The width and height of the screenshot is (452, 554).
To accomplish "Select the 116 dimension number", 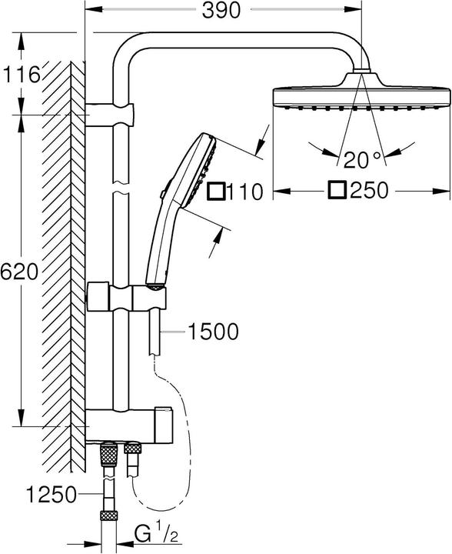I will point(21,75).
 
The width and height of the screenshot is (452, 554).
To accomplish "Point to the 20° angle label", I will point(361,159).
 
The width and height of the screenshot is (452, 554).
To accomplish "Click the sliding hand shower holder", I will point(127,296).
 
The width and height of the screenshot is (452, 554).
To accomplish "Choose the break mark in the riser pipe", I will point(118,185).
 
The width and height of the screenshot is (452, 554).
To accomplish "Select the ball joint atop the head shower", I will point(360,75).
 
